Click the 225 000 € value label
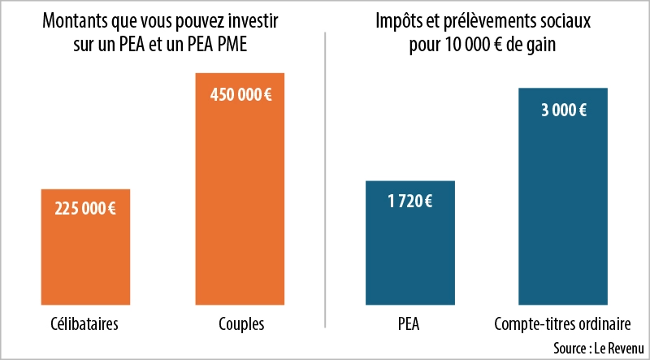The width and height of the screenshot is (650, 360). point(85,208)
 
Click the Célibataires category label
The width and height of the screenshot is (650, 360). point(84,324)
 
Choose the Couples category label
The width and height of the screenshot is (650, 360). point(241,324)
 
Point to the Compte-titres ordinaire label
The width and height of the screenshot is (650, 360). point(562,324)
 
